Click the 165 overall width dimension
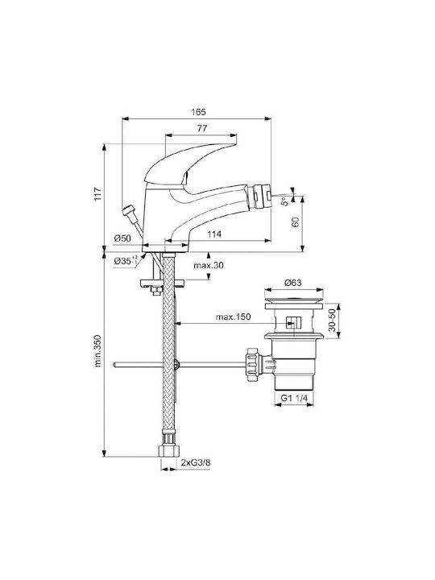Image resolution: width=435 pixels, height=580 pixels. tap(198, 111)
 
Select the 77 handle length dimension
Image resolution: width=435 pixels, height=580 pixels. tap(202, 128)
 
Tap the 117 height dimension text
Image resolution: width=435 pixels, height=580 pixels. tap(97, 194)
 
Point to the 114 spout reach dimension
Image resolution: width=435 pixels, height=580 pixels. tap(213, 234)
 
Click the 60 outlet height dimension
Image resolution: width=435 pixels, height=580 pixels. tap(296, 222)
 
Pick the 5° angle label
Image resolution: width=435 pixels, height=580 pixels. tap(284, 201)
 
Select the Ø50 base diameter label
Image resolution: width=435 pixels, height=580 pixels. tap(122, 238)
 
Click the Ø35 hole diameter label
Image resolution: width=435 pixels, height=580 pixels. tap(126, 260)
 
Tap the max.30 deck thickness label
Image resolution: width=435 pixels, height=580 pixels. tap(209, 265)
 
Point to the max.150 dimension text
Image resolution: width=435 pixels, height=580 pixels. tap(233, 317)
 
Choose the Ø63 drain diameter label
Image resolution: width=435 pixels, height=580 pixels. tap(293, 283)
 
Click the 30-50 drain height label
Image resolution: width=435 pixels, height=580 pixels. tap(332, 321)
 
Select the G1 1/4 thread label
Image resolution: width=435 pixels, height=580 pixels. tap(294, 398)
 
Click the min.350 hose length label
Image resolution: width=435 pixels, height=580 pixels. tap(97, 350)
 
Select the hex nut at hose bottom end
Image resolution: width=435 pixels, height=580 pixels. tap(169, 450)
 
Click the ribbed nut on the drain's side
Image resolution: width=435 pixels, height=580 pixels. tap(252, 364)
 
